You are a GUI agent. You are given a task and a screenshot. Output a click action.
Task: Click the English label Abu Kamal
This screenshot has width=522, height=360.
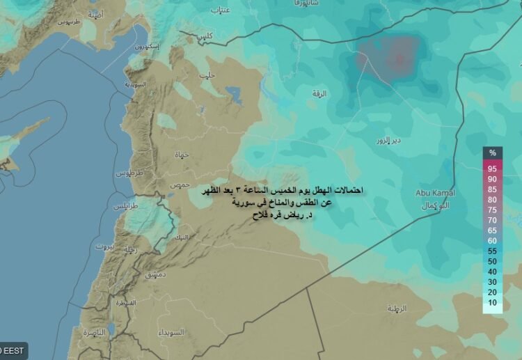[435, 193]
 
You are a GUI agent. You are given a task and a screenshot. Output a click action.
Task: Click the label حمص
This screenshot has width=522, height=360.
[180, 184]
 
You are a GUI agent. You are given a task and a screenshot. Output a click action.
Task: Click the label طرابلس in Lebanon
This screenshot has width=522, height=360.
[127, 208]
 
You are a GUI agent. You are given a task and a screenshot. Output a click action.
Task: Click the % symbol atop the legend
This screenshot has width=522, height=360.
[492, 152]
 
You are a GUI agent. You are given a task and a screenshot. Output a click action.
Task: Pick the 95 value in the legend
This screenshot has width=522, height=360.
[492, 169]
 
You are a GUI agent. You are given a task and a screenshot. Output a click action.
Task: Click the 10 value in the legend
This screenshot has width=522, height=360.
[492, 302]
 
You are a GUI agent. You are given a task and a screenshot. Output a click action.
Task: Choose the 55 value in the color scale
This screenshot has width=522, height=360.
[492, 251]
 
